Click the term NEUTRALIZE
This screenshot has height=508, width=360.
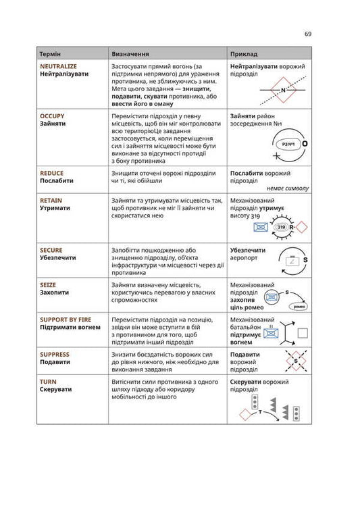click(x=58, y=66)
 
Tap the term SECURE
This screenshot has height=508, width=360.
click(x=52, y=250)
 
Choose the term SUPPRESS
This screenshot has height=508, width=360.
click(x=55, y=355)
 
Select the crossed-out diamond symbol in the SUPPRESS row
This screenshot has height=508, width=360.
click(x=294, y=363)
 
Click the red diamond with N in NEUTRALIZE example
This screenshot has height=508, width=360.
click(x=284, y=90)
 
